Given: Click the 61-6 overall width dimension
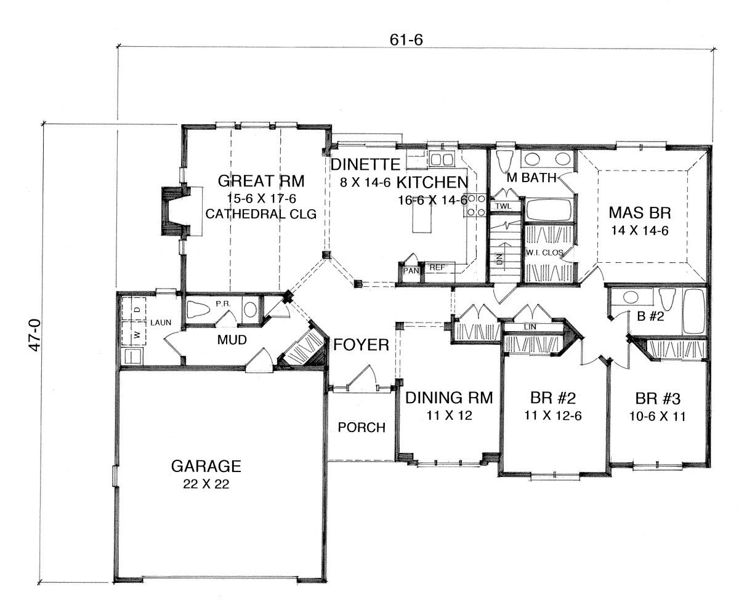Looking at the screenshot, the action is point(406,40).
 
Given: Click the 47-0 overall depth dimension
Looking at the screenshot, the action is point(34,335).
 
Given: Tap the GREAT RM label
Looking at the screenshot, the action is point(261,181).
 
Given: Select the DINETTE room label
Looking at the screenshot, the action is point(365,164).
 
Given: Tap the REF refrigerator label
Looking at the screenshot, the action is point(437,268).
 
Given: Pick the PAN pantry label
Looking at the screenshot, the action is point(411,271).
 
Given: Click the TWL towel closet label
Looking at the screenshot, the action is point(503,206).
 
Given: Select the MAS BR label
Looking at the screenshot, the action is point(639,213).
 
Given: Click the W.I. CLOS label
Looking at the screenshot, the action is point(544,252).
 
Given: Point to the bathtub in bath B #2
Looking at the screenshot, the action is point(693,311).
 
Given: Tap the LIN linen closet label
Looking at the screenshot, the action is point(530,327).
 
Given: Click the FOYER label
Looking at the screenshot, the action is point(361,345).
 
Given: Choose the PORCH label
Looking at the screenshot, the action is point(361,427).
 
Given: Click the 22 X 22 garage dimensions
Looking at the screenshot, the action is point(206,484).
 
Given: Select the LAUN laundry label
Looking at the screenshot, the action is point(161,323).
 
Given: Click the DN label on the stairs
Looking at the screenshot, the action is point(499,259).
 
